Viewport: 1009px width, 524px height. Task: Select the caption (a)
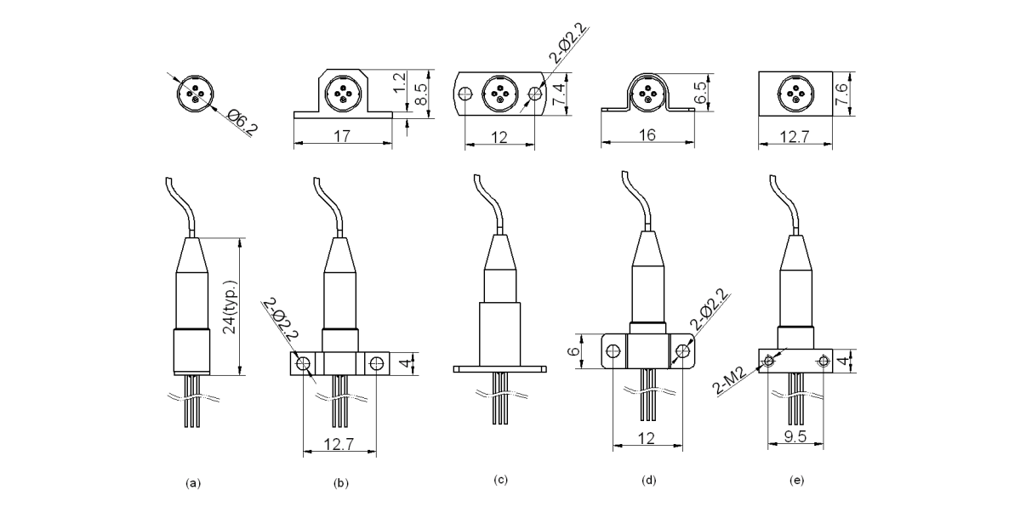(x=193, y=483)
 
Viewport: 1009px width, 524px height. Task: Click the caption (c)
(x=500, y=480)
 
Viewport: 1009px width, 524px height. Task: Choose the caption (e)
(x=796, y=481)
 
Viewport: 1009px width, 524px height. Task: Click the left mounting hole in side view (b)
(x=304, y=363)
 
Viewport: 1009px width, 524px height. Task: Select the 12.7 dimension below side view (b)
(x=340, y=443)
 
